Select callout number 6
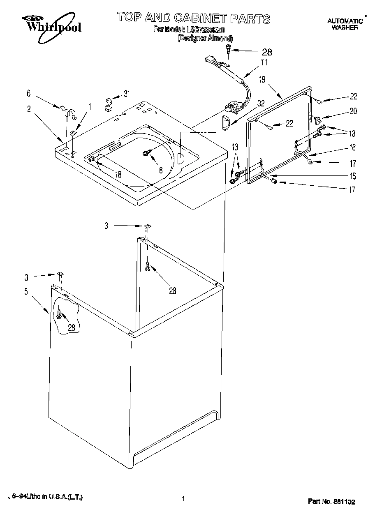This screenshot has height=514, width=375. [28, 94]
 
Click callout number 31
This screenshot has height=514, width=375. [126, 94]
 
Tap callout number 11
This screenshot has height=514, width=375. [264, 63]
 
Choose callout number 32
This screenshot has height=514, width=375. [261, 104]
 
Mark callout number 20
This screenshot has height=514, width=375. [353, 111]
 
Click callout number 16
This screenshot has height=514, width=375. [352, 148]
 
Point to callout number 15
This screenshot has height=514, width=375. [352, 176]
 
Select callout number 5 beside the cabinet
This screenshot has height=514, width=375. [26, 292]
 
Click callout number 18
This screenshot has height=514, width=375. [118, 174]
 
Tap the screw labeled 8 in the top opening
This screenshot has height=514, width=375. [146, 153]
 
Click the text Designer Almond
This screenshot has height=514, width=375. [205, 38]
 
